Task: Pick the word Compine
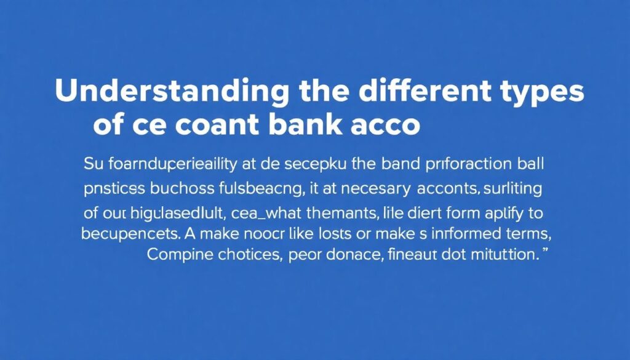178,255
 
